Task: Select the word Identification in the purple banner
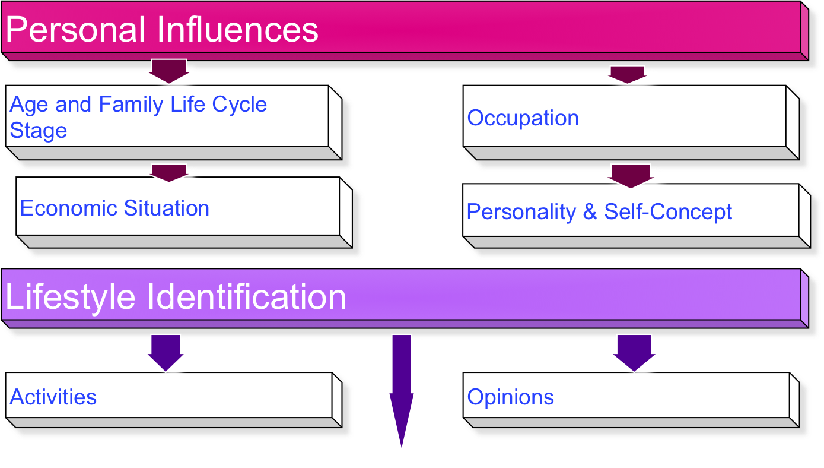[246, 296]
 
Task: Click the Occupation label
[523, 118]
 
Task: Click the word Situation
[167, 208]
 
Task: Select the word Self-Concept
[668, 212]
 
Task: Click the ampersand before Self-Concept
[590, 212]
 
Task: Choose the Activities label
[53, 397]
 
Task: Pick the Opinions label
[510, 397]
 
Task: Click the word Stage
[38, 131]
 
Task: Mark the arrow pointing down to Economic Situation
[168, 172]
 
